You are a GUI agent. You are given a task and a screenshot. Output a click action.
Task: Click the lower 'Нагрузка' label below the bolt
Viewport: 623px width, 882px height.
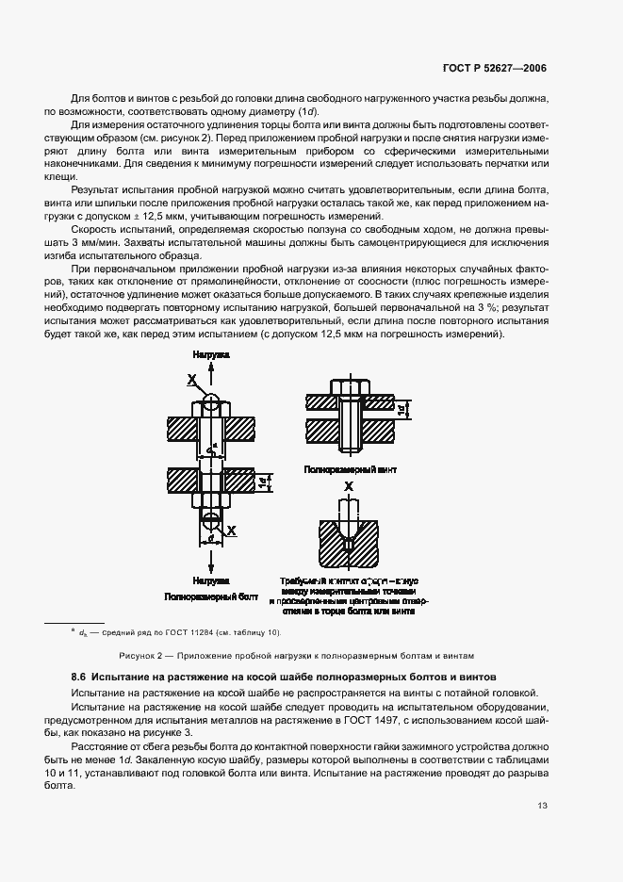210,581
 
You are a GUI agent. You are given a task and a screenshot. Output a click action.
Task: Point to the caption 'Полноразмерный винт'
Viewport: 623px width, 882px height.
351,468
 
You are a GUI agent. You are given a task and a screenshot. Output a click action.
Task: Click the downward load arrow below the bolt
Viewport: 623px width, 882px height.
211,561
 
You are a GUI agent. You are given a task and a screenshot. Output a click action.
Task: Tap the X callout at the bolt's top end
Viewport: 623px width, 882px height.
191,380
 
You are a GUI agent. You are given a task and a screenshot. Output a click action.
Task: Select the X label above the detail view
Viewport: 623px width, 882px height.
349,486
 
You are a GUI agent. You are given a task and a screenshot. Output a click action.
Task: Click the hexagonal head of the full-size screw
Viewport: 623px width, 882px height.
349,387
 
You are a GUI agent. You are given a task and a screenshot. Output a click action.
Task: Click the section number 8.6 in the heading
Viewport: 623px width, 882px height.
79,678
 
